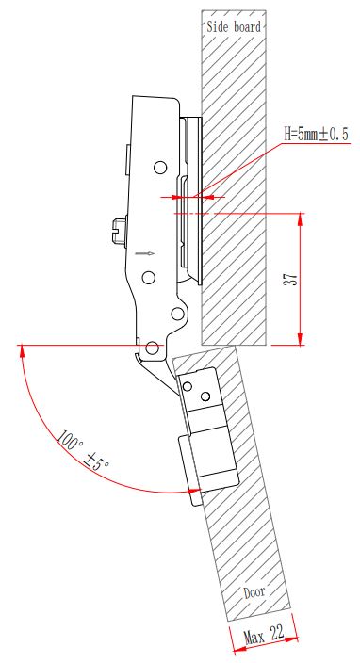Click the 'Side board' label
pyautogui.click(x=234, y=27)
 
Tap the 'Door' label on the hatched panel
pyautogui.click(x=254, y=592)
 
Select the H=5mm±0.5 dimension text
pyautogui.click(x=317, y=135)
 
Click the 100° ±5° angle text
pyautogui.click(x=83, y=450)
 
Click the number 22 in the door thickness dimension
pyautogui.click(x=277, y=632)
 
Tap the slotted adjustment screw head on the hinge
pyautogui.click(x=120, y=231)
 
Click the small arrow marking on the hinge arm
pyautogui.click(x=145, y=253)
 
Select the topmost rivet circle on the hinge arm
pyautogui.click(x=160, y=168)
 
